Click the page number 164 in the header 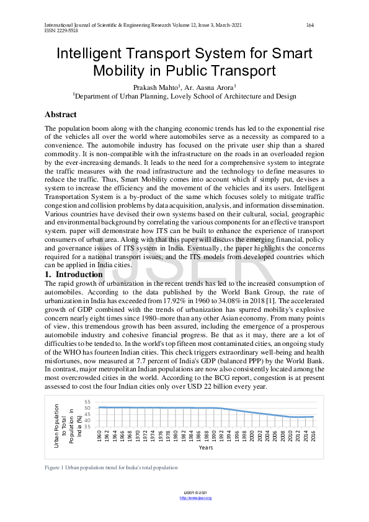pyautogui.click(x=310, y=25)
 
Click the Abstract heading pyautogui.click(x=61, y=115)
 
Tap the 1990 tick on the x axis pyautogui.click(x=214, y=436)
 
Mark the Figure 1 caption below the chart pyautogui.click(x=111, y=467)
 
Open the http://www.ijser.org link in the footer pyautogui.click(x=195, y=498)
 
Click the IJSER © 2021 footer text pyautogui.click(x=195, y=493)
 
